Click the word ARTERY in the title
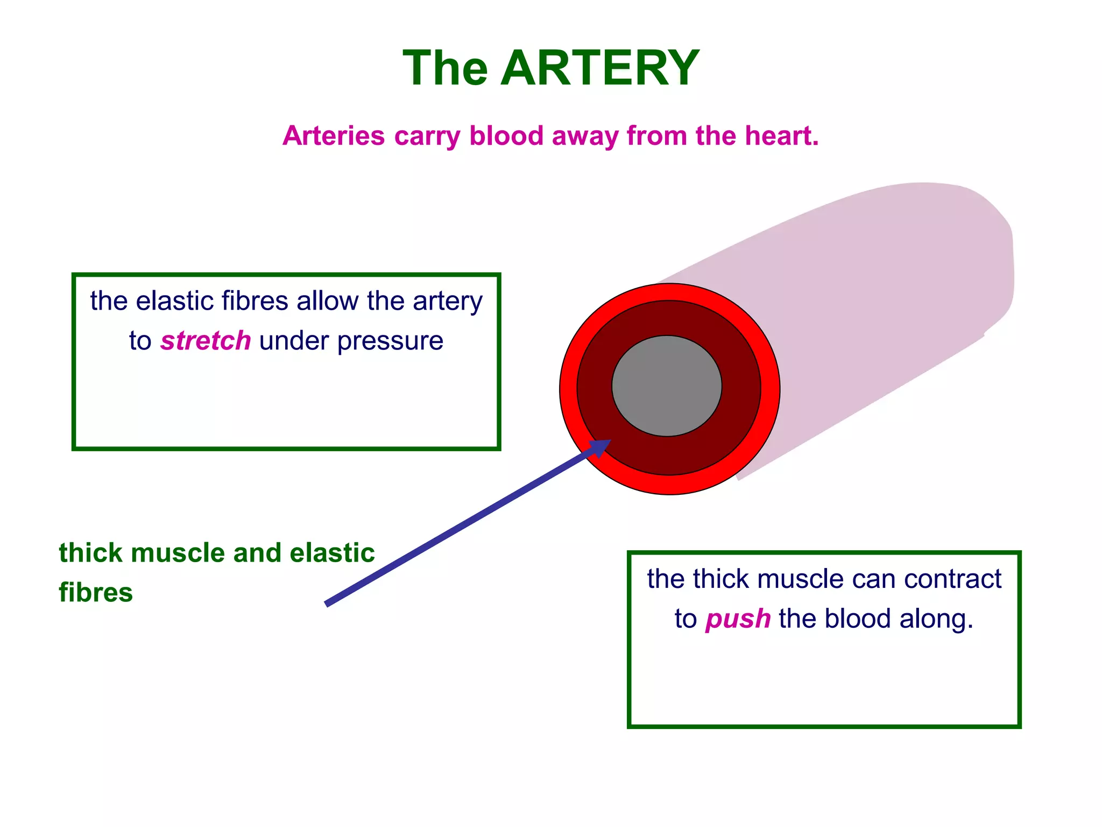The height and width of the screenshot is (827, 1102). coord(599,68)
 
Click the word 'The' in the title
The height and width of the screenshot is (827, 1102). coord(446,68)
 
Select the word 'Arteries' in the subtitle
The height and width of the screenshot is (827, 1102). coord(334,136)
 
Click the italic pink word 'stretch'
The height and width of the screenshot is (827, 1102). coord(206,341)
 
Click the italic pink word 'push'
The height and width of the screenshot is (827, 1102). coord(738,619)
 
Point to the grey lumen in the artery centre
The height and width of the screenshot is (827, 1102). coord(667,386)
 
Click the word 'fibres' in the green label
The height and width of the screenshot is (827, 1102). coord(96,593)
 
